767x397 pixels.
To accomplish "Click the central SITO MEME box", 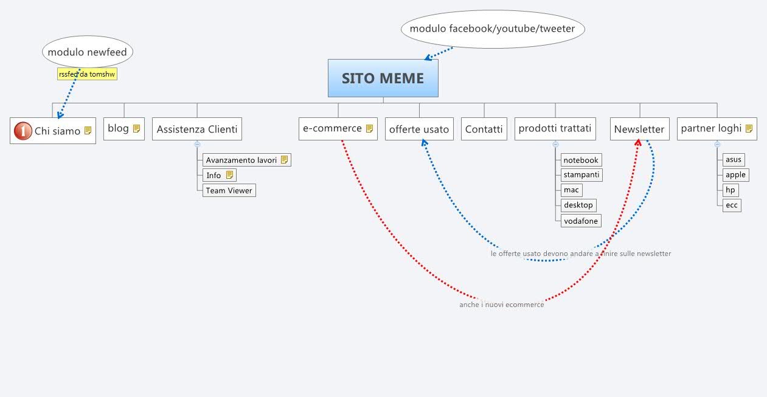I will point(383,78).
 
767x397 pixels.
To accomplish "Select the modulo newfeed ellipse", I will point(88,52).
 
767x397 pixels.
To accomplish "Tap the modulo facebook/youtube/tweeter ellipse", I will point(492,29).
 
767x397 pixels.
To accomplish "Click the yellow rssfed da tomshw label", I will point(87,74).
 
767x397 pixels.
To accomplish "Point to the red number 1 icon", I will point(23,131).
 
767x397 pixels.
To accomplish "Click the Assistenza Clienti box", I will point(197,129).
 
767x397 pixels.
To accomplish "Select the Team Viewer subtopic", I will point(229,190).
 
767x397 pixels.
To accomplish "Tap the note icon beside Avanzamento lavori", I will point(284,160).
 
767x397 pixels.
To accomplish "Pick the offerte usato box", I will point(419,129).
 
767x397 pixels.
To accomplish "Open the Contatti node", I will point(484,129).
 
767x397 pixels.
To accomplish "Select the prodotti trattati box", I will point(555,128).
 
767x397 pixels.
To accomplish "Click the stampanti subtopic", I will point(581,174).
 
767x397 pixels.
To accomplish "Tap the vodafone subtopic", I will point(581,221).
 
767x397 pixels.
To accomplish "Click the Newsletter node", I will point(639,129).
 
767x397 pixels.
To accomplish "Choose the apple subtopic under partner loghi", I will point(735,174).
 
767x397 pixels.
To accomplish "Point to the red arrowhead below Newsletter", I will point(638,142).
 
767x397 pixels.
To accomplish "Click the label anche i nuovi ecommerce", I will point(501,305).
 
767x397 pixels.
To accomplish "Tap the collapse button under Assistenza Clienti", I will point(197,144).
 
